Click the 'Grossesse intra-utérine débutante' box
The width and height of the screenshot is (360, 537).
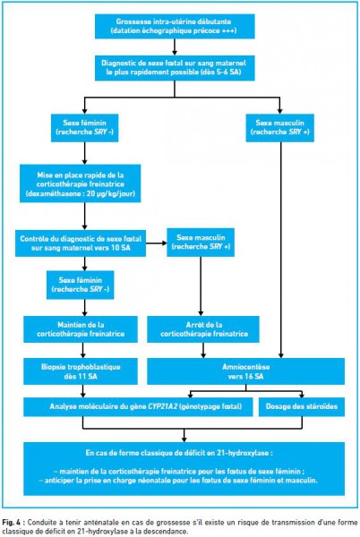(x=175, y=26)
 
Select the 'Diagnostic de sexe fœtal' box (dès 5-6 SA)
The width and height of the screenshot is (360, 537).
(x=175, y=68)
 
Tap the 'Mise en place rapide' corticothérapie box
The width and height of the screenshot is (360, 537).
(x=81, y=183)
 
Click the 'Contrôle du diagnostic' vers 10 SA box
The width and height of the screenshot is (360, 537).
(x=81, y=243)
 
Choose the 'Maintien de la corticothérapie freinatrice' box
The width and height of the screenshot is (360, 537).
(x=81, y=329)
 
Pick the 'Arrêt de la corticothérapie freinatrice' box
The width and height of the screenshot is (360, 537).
(x=203, y=329)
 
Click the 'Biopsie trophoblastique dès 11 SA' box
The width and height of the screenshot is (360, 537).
(x=81, y=371)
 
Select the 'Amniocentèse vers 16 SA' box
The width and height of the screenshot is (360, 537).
(x=246, y=371)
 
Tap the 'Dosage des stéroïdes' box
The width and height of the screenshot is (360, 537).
(x=302, y=407)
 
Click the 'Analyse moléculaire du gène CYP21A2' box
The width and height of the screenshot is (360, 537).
(x=138, y=407)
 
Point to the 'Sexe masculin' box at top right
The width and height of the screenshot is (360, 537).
(x=279, y=128)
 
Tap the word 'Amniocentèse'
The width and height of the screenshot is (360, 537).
(x=246, y=367)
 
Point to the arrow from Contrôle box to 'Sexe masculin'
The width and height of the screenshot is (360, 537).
(x=156, y=243)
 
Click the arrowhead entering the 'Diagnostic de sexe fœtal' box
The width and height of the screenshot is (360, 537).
(x=175, y=53)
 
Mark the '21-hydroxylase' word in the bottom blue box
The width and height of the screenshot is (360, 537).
(x=243, y=453)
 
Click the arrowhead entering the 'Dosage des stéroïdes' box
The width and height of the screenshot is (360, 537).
(x=302, y=395)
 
